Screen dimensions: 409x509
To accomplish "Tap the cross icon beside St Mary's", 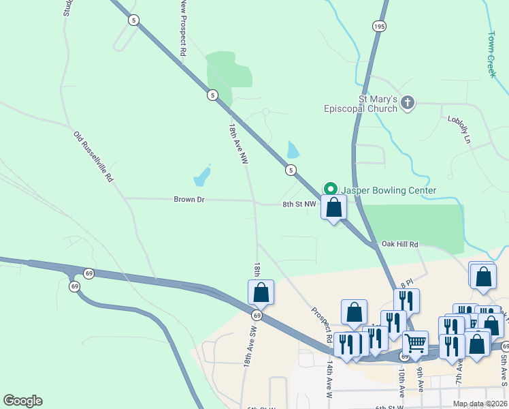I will [x=407, y=103].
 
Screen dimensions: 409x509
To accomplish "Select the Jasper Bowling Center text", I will [x=388, y=190].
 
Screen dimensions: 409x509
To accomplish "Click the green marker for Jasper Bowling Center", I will [x=330, y=189].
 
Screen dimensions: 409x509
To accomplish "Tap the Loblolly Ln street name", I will [x=459, y=129].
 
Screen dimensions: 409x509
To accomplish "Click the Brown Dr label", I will [x=189, y=200].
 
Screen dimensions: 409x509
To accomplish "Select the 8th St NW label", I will [x=300, y=204].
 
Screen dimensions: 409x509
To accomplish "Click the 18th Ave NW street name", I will [x=237, y=143].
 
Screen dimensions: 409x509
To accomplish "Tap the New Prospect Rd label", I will [x=183, y=28].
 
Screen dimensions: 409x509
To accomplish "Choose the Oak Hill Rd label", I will [x=399, y=244].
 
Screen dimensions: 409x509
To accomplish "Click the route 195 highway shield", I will [x=379, y=26].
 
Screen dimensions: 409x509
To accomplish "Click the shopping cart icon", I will [x=415, y=343].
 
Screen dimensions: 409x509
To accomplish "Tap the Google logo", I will [x=22, y=401].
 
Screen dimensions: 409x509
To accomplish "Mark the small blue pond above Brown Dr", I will [x=202, y=177].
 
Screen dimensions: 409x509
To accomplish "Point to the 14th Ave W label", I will [x=329, y=380].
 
